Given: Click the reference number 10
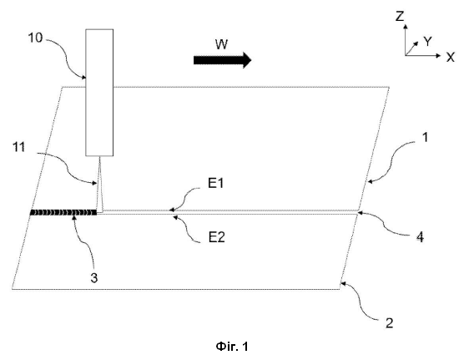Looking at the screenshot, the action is tap(35, 38).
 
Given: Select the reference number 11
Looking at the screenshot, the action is tap(18, 147).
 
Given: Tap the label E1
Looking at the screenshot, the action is tap(216, 184).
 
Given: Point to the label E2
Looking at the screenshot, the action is tap(217, 237).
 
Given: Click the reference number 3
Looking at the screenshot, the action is tap(93, 278).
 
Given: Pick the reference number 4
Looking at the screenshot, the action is tap(420, 237).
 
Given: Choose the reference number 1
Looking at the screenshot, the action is tap(425, 137).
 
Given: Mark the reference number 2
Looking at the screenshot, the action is tap(390, 322).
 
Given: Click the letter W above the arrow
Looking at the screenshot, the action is tap(222, 44).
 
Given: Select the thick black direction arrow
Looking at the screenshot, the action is tap(222, 60).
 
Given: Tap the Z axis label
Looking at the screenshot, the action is tap(400, 16).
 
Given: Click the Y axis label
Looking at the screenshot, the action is tap(427, 42).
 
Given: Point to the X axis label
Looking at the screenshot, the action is tap(451, 57).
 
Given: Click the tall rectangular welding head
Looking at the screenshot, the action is tap(99, 93).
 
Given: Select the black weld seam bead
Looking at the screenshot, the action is tap(63, 212).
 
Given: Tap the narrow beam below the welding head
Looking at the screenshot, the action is tap(99, 185).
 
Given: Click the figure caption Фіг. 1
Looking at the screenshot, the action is tap(232, 346).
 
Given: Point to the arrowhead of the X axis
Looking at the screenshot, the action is tap(439, 55).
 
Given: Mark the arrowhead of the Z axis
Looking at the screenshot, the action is tap(406, 27).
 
